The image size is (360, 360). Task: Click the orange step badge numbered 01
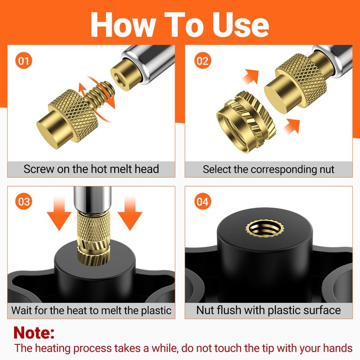[x=24, y=60]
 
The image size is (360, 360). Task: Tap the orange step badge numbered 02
[x=202, y=60]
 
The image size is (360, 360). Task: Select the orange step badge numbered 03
[x=24, y=201]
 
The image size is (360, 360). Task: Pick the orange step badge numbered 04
[x=202, y=201]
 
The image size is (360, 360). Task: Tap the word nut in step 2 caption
[x=324, y=169]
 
